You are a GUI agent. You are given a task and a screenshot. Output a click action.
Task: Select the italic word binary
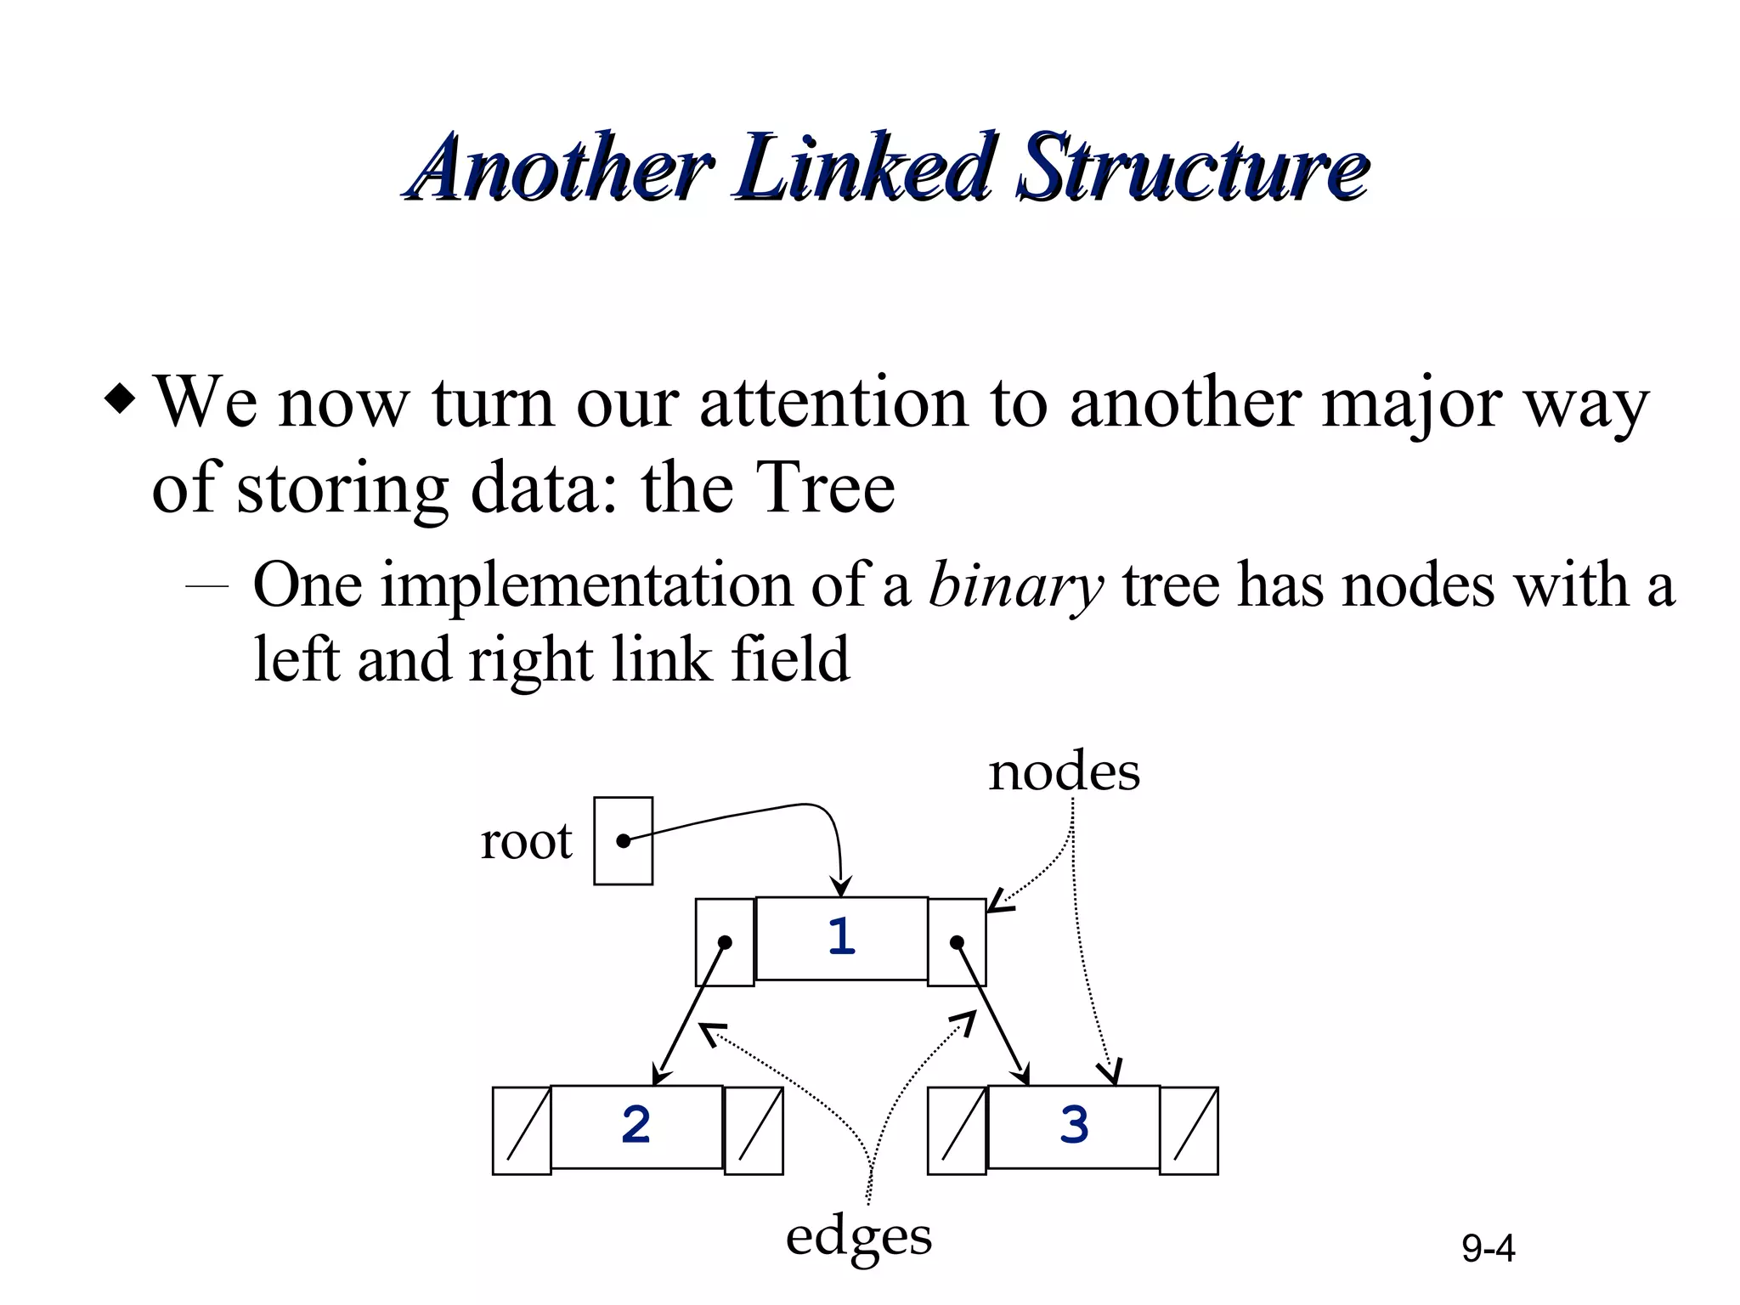click(x=1016, y=585)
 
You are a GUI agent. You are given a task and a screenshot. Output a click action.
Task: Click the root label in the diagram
click(x=527, y=841)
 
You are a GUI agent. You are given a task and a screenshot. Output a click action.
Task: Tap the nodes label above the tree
click(x=1064, y=772)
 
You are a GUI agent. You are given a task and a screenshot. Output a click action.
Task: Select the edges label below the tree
click(x=858, y=1236)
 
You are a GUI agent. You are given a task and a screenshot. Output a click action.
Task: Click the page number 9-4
click(x=1489, y=1248)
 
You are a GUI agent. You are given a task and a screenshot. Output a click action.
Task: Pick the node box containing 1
click(x=841, y=938)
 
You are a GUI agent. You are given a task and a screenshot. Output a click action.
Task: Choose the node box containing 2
click(x=636, y=1127)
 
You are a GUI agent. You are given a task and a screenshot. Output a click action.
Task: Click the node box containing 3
click(x=1074, y=1127)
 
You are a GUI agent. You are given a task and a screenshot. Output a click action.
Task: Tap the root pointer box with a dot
click(x=623, y=841)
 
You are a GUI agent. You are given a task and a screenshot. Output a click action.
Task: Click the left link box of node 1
click(x=725, y=942)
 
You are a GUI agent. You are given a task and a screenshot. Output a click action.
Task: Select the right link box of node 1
click(x=957, y=942)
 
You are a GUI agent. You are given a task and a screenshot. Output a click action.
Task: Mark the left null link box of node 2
click(x=522, y=1131)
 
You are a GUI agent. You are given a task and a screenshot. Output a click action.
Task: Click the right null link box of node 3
click(x=1189, y=1131)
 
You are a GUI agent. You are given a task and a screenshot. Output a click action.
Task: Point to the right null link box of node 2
click(x=754, y=1131)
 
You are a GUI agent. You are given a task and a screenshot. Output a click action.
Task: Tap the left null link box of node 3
click(x=957, y=1131)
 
